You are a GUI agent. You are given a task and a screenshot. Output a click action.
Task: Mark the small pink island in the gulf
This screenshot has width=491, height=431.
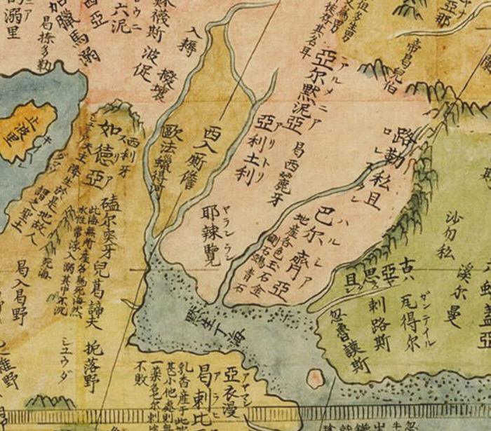(315, 379)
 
